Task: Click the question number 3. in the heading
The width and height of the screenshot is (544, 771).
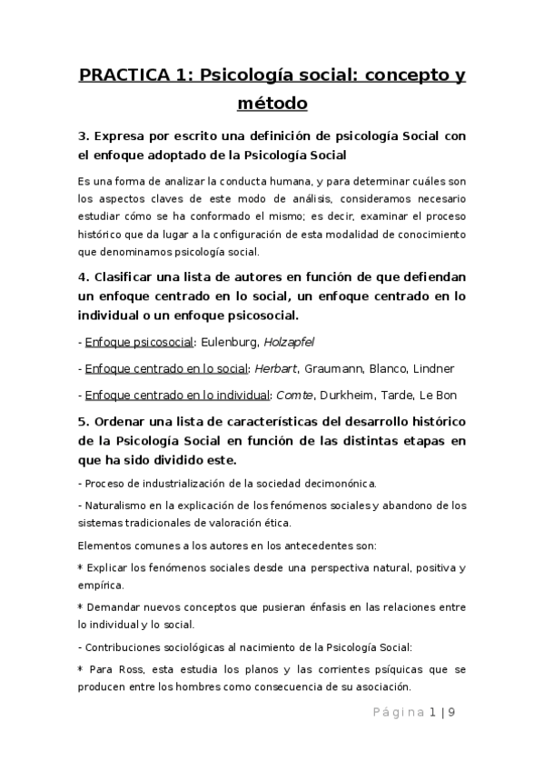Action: (84, 136)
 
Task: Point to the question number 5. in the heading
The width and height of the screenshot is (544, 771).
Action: (84, 423)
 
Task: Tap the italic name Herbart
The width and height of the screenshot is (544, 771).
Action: (276, 368)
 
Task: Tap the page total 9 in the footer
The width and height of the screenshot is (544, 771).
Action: (451, 712)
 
